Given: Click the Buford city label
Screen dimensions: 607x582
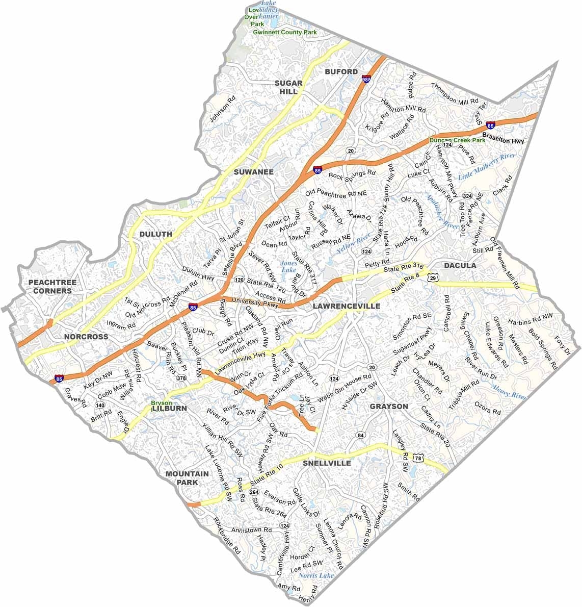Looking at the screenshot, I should click(341, 71).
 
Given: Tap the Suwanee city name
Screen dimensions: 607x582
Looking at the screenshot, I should click(253, 172).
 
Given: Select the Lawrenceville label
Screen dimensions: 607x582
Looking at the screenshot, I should click(347, 306).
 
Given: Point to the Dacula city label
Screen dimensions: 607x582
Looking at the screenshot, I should click(460, 266).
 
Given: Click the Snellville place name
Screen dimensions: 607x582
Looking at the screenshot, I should click(327, 463).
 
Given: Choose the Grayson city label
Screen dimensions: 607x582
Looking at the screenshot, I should click(389, 407).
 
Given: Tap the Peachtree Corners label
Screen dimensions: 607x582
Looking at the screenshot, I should click(50, 286).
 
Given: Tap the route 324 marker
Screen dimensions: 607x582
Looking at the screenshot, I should click(467, 196).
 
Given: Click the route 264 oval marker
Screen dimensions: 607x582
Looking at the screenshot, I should click(254, 492).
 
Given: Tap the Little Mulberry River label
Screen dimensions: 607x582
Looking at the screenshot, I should click(487, 166).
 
